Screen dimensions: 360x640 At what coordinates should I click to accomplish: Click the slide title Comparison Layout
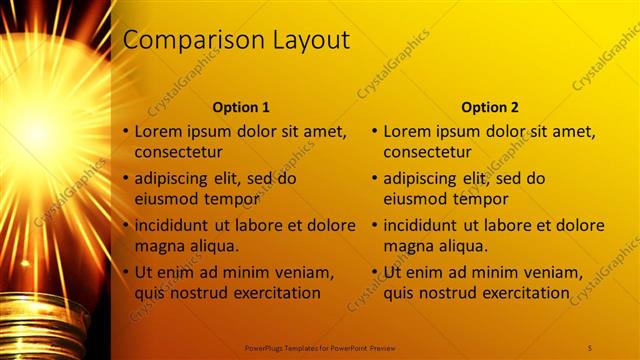click(x=236, y=40)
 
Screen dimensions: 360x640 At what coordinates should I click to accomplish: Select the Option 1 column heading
click(x=241, y=107)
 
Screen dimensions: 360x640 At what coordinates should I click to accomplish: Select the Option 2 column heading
click(x=490, y=107)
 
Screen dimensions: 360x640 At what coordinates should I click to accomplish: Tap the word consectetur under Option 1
click(x=178, y=152)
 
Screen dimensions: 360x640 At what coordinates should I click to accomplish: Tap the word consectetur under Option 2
click(x=427, y=152)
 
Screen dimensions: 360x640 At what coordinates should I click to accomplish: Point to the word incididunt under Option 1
click(x=178, y=225)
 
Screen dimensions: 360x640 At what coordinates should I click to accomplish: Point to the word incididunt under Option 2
click(x=427, y=225)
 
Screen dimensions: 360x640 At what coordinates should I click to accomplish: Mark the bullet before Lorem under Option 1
click(x=125, y=132)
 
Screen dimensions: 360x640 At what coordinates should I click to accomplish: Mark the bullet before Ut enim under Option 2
click(x=374, y=272)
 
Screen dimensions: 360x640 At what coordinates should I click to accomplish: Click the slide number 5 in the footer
click(x=590, y=347)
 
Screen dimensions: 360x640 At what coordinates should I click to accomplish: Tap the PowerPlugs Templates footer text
click(x=320, y=347)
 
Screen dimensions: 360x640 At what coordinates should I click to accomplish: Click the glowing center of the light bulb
click(x=38, y=130)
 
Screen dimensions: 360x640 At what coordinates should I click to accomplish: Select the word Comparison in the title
click(x=186, y=40)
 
